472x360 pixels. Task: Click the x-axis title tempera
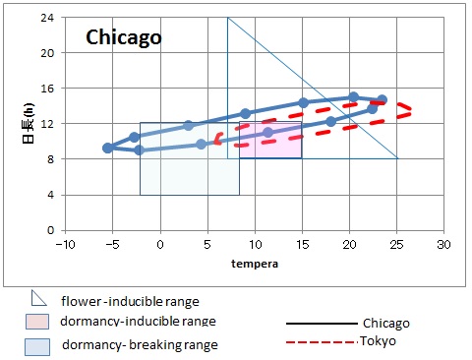[254, 264]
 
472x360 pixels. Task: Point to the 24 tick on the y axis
[47, 18]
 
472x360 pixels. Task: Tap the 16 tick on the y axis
[47, 89]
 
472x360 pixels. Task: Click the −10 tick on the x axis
[65, 244]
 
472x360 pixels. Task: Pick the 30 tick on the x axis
[443, 244]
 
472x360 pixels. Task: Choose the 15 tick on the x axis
[302, 244]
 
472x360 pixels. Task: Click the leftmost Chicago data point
[107, 148]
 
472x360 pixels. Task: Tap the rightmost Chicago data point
[383, 100]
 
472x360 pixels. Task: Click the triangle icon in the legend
[38, 299]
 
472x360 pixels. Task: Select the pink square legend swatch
[37, 322]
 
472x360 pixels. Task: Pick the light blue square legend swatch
[37, 345]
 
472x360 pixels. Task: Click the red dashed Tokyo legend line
[319, 342]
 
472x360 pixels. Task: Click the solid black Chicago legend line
[319, 323]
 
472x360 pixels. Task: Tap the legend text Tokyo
[382, 342]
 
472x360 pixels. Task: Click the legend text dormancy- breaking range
[140, 345]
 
